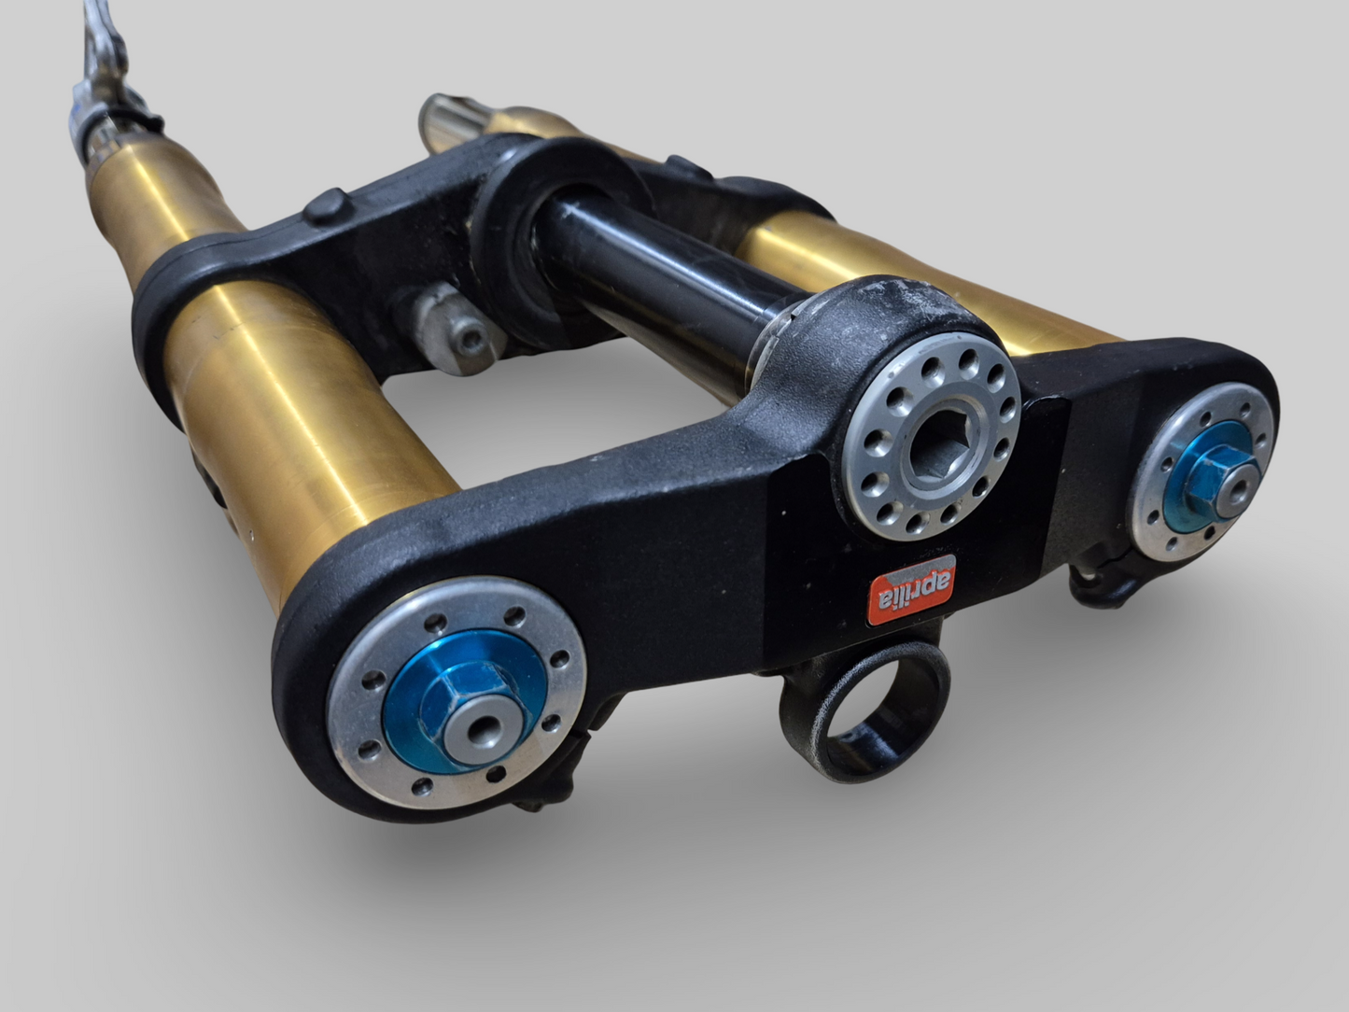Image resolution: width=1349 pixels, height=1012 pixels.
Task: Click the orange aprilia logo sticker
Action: tap(912, 590)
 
